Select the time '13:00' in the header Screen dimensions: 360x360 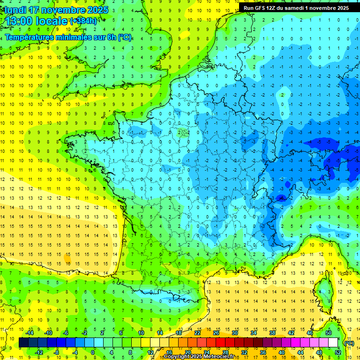tap(21, 21)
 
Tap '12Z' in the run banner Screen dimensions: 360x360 tap(275, 8)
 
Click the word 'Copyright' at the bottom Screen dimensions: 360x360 tap(177, 357)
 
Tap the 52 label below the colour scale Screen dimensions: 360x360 tap(337, 352)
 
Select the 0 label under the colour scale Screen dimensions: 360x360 tap(93, 352)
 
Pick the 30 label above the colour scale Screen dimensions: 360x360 tap(234, 333)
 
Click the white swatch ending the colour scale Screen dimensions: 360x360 tap(333, 343)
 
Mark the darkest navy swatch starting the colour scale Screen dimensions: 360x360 tap(23, 343)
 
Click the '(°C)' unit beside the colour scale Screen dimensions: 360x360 tap(349, 343)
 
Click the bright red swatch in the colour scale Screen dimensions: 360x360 tap(220, 343)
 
